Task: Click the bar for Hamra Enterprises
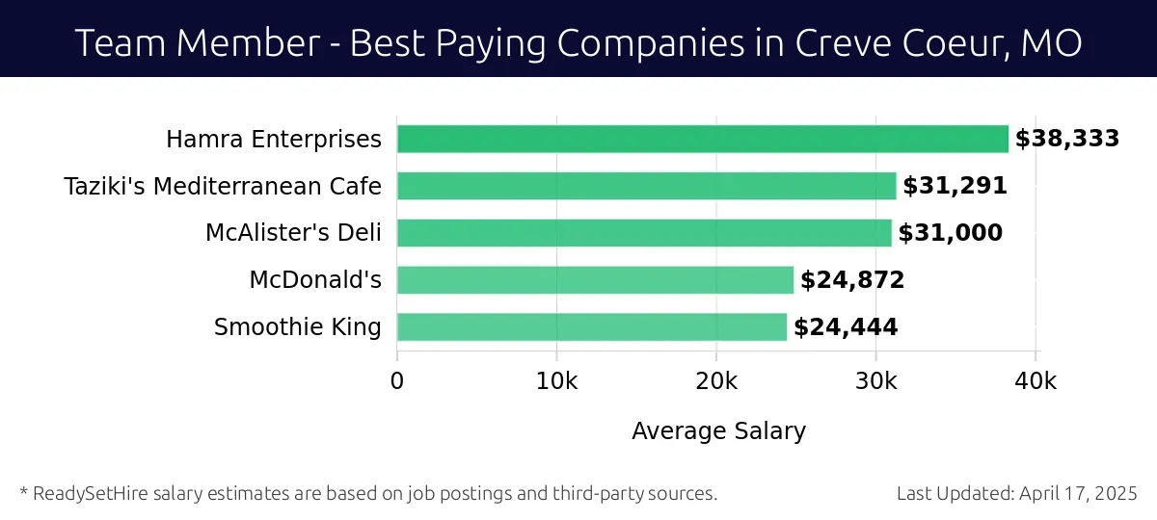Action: point(702,139)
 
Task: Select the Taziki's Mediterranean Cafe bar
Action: point(646,186)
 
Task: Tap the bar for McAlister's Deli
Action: point(644,233)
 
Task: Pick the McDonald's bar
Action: point(595,280)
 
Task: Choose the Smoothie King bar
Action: point(592,327)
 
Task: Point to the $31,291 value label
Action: point(955,186)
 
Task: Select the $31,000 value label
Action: point(951,233)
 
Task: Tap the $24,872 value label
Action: point(852,280)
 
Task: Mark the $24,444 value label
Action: point(846,327)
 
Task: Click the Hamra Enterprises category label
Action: point(274,140)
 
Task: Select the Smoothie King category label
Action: point(298,327)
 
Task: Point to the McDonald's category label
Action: point(315,280)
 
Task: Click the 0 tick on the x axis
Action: point(397,381)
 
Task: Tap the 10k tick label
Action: point(556,381)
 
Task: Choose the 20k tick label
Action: point(716,381)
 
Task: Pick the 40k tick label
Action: point(1036,381)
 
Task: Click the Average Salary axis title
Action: point(718,431)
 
